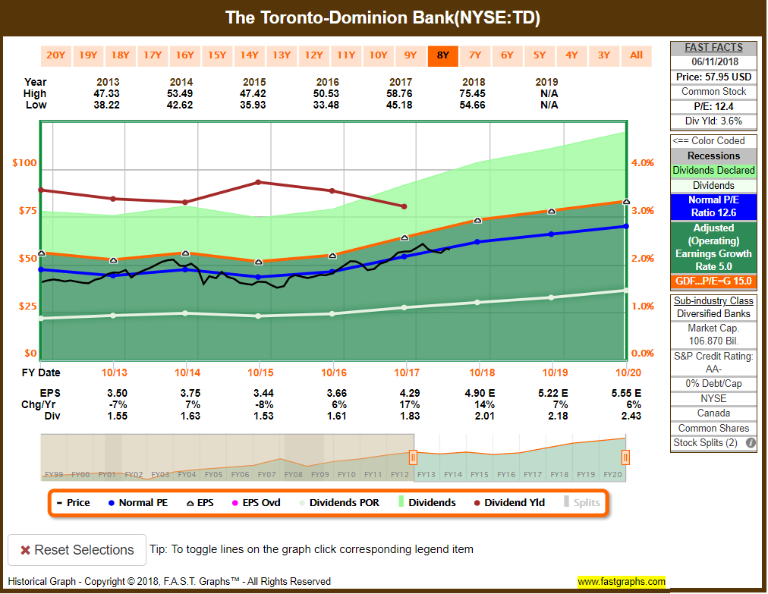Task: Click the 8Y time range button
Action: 442,55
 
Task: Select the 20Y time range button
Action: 56,55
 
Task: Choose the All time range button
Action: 636,55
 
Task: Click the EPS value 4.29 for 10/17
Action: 404,393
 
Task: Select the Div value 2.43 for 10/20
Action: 626,416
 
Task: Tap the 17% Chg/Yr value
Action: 404,404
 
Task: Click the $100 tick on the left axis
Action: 24,163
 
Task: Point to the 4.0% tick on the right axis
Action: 643,163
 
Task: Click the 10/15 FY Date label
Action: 259,372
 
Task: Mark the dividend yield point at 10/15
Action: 259,182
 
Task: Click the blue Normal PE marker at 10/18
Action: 477,242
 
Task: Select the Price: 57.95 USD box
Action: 713,77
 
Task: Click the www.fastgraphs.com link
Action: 622,582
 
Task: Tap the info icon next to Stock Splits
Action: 750,443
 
